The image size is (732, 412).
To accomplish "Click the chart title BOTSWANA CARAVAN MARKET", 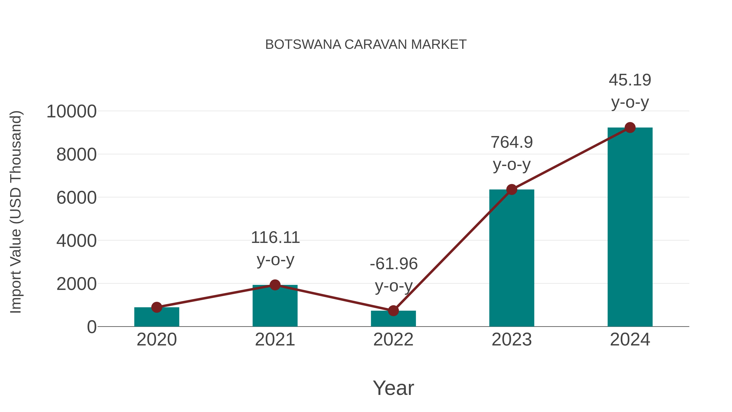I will [366, 45].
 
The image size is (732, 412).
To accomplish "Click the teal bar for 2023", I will [512, 259].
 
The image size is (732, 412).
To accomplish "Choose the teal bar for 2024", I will [630, 227].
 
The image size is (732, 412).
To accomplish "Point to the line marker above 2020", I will [157, 307].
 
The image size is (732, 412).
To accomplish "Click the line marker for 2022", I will [393, 311].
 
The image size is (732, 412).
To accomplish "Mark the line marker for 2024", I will [630, 128].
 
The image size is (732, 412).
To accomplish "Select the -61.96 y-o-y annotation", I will [394, 274].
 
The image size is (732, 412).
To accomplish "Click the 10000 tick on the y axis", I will [71, 111].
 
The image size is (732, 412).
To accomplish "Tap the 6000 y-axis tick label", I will [76, 198].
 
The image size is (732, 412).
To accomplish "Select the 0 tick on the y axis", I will [91, 327].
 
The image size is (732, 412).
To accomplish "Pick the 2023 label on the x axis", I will [512, 340].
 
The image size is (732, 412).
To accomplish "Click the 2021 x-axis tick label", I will [275, 340].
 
